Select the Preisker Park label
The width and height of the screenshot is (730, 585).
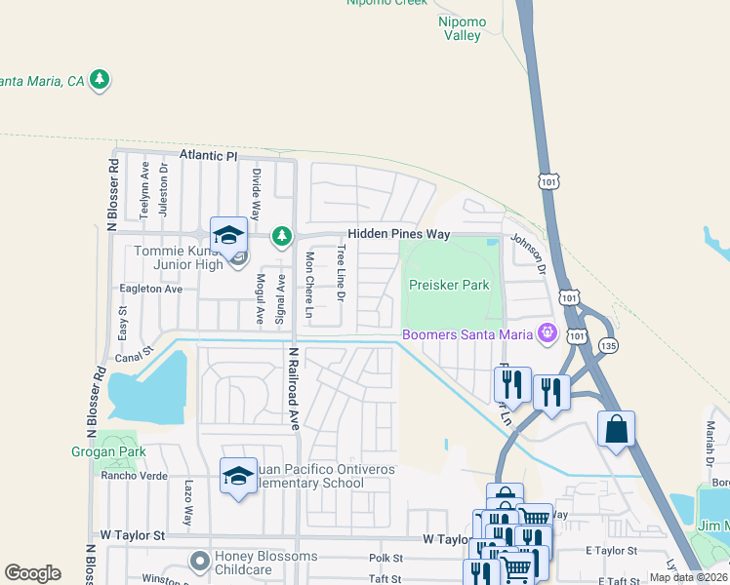point(448,286)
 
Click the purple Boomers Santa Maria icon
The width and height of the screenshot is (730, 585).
point(547,334)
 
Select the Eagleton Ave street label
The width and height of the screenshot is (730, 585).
point(151,290)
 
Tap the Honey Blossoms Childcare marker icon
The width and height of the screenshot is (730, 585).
point(200,561)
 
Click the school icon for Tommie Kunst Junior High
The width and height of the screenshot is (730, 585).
point(228,235)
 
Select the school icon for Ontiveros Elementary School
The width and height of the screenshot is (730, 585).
point(238,476)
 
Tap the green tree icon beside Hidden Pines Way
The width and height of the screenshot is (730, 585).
point(282,236)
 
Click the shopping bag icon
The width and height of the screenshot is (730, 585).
point(616,429)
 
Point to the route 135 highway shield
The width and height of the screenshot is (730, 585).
point(609,345)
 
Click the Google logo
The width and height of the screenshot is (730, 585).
point(32,573)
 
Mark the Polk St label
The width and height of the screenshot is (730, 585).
point(385,558)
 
